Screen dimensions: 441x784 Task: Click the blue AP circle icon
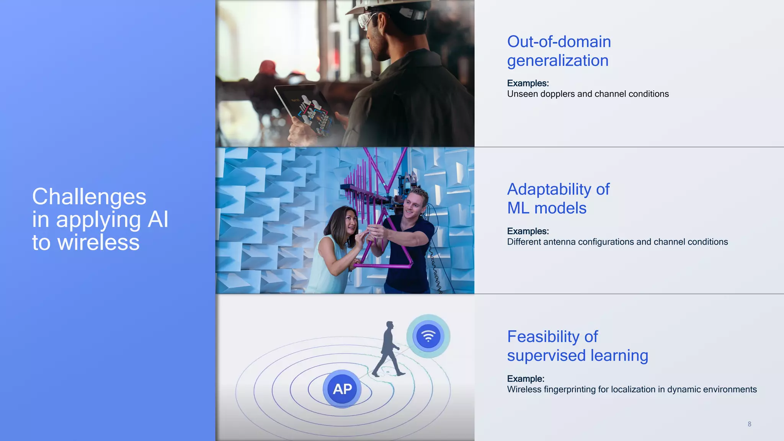click(x=342, y=389)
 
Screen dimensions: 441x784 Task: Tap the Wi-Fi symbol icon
click(x=428, y=336)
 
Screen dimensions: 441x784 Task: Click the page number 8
click(x=749, y=424)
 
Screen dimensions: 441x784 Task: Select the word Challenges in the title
click(x=89, y=197)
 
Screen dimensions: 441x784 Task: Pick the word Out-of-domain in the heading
click(x=559, y=42)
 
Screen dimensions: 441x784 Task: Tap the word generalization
click(x=557, y=60)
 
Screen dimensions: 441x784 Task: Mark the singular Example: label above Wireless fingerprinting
click(x=525, y=379)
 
